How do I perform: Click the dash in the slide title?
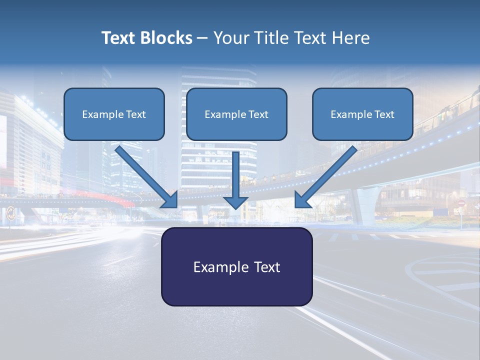pyautogui.click(x=202, y=38)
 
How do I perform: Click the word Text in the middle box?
pyautogui.click(x=258, y=114)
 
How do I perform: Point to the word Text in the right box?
pyautogui.click(x=384, y=114)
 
